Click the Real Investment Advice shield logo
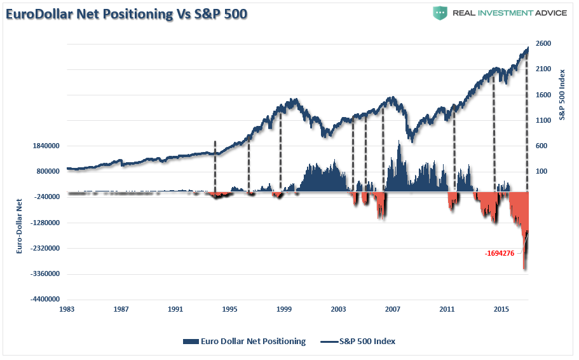(x=440, y=13)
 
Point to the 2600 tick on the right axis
(x=543, y=43)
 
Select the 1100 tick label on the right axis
(x=543, y=120)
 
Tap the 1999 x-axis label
(x=284, y=309)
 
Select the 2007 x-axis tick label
(x=393, y=309)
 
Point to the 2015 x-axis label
(x=501, y=309)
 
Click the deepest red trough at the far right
(x=524, y=269)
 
